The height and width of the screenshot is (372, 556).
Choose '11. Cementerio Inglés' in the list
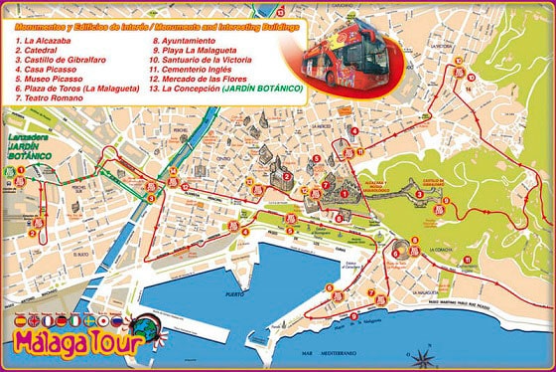(203, 69)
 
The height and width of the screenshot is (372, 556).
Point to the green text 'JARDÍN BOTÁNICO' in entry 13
(266, 88)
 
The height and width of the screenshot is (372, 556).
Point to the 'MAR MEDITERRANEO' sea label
(339, 353)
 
